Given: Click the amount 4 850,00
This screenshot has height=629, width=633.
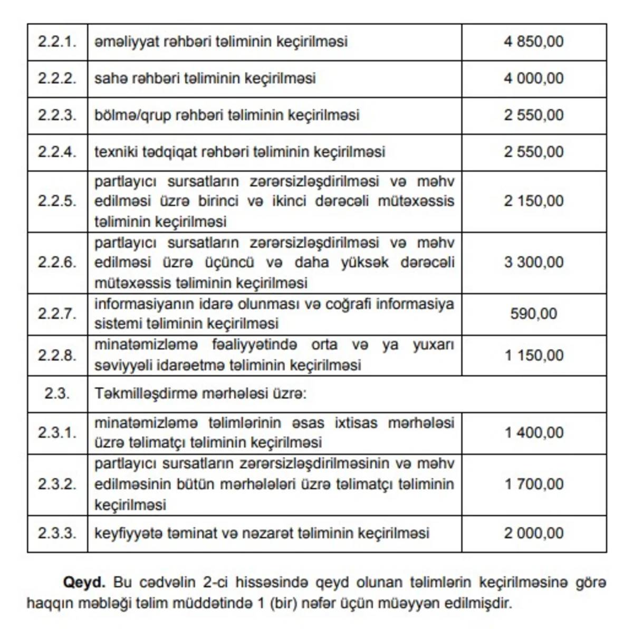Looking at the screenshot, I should pyautogui.click(x=533, y=41).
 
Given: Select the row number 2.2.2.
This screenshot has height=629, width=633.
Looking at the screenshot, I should pyautogui.click(x=57, y=78).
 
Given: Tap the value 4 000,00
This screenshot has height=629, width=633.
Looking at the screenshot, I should pyautogui.click(x=533, y=78).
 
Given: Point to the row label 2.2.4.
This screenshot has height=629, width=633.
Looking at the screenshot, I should pyautogui.click(x=57, y=152).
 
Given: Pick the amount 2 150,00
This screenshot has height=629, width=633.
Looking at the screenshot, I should pyautogui.click(x=533, y=201).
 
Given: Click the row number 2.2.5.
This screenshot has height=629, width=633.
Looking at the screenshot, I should pyautogui.click(x=57, y=201).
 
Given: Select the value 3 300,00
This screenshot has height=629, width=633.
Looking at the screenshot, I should pyautogui.click(x=533, y=262).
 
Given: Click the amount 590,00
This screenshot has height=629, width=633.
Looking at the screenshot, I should pyautogui.click(x=533, y=314).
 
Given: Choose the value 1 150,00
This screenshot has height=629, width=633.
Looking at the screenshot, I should pyautogui.click(x=533, y=355).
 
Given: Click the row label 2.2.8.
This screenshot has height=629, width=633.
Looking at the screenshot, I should pyautogui.click(x=57, y=355).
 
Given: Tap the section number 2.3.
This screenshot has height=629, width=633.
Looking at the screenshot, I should pyautogui.click(x=57, y=394).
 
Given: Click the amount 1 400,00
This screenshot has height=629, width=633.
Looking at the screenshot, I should pyautogui.click(x=533, y=432).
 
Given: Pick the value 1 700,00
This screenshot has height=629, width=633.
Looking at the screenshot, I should pyautogui.click(x=533, y=484).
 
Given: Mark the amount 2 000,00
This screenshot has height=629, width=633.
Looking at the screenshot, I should pyautogui.click(x=533, y=533).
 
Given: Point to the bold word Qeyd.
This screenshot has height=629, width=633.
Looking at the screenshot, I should pyautogui.click(x=84, y=583).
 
